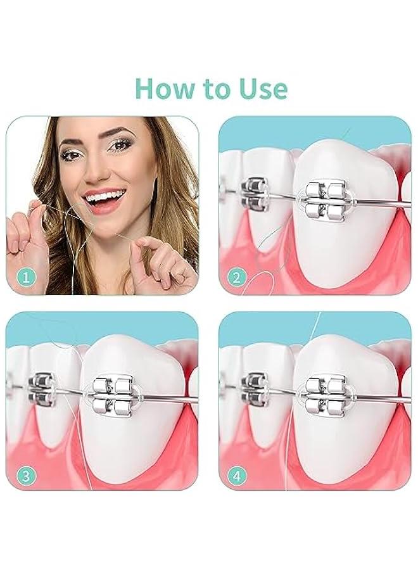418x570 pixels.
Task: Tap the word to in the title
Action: coord(212,89)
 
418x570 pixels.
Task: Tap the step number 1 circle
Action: coord(25,277)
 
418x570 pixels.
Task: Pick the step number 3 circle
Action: coord(25,474)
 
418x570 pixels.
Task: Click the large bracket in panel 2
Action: coord(324,198)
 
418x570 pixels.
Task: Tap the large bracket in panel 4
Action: coord(324,394)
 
